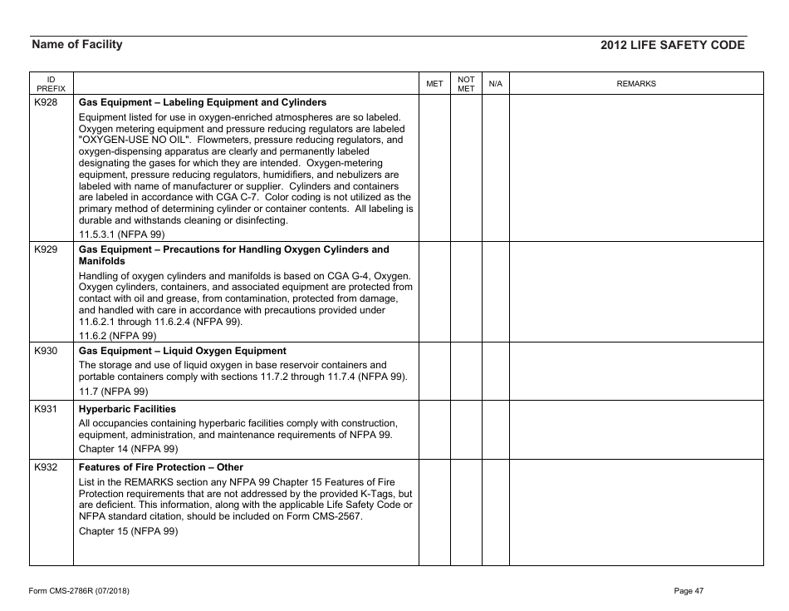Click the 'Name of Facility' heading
coord(76,45)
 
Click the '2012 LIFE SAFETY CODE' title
coord(672,46)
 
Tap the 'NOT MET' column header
coord(466,84)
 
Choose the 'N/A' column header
coord(495,84)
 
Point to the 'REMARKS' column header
coord(636,84)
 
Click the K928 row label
coord(46,103)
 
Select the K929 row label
coord(46,249)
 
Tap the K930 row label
coord(46,351)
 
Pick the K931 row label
coord(46,409)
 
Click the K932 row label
coord(46,467)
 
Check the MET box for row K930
coord(434,371)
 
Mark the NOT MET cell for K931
coord(466,429)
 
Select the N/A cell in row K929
coord(495,292)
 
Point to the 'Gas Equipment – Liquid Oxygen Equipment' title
coord(182,351)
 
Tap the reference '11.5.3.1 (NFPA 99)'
coord(121,234)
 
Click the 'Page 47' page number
coord(689,590)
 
